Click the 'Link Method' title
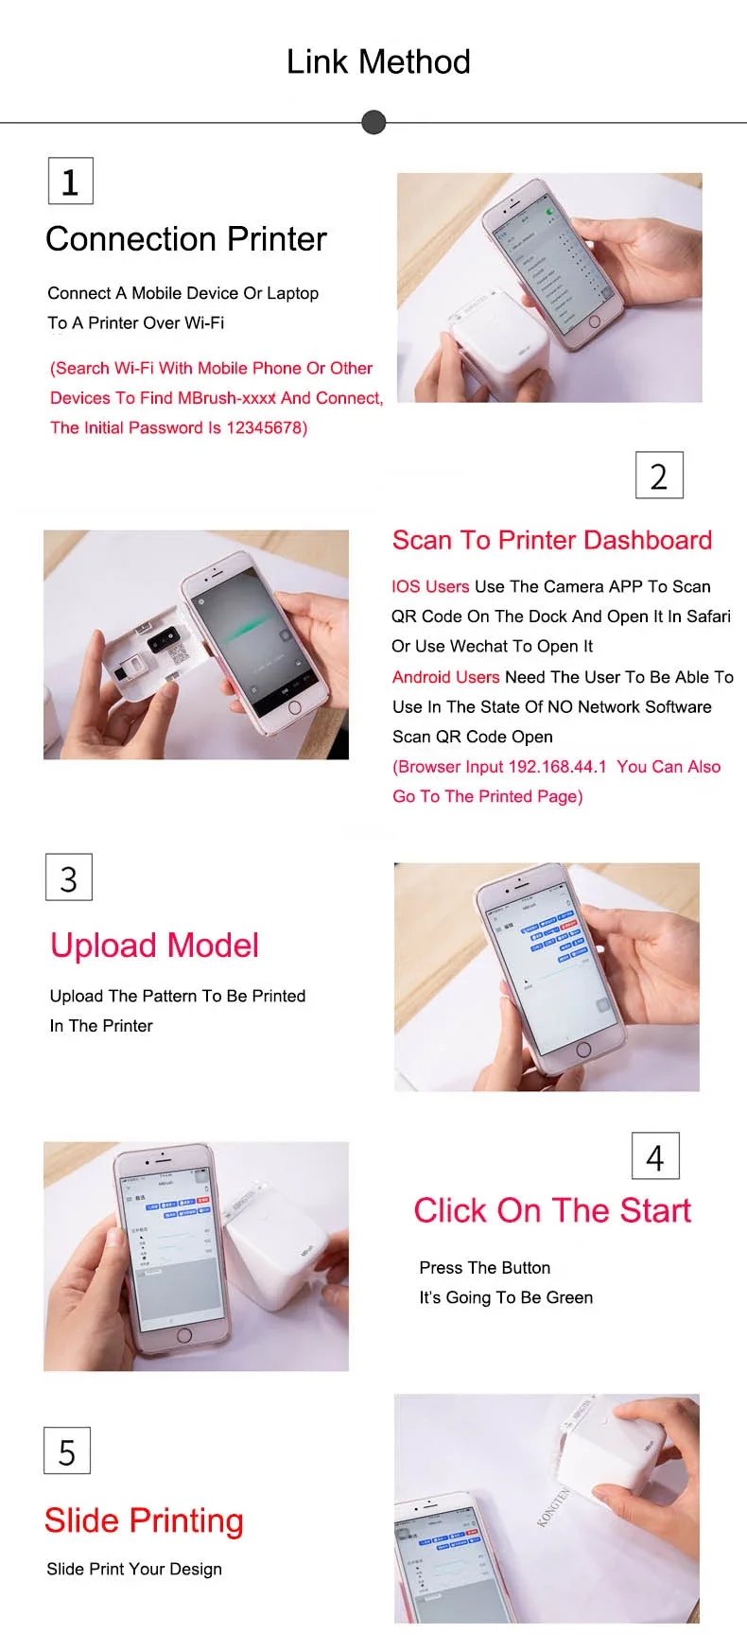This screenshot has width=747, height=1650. tap(378, 62)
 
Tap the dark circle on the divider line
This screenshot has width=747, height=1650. tap(374, 122)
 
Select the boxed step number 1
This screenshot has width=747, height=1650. tap(70, 182)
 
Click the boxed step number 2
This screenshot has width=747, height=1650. tap(659, 476)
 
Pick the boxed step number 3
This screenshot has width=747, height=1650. tap(69, 878)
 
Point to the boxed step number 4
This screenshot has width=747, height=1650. tap(655, 1156)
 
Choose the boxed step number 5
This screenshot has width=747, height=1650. tap(67, 1451)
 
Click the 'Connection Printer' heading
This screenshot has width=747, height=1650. tap(186, 239)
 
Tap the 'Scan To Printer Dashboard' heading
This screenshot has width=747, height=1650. tap(552, 540)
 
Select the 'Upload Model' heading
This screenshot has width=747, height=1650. tap(154, 946)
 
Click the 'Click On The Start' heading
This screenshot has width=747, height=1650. tap(552, 1210)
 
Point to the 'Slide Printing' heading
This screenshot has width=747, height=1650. tap(144, 1520)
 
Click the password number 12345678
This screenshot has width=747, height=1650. tap(264, 428)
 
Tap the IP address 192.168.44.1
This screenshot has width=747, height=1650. tap(558, 767)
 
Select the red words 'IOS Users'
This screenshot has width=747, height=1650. tap(430, 586)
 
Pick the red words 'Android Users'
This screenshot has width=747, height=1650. tap(445, 677)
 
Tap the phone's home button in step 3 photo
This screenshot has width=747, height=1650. tap(583, 1049)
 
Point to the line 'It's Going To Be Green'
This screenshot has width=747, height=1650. tap(506, 1298)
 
